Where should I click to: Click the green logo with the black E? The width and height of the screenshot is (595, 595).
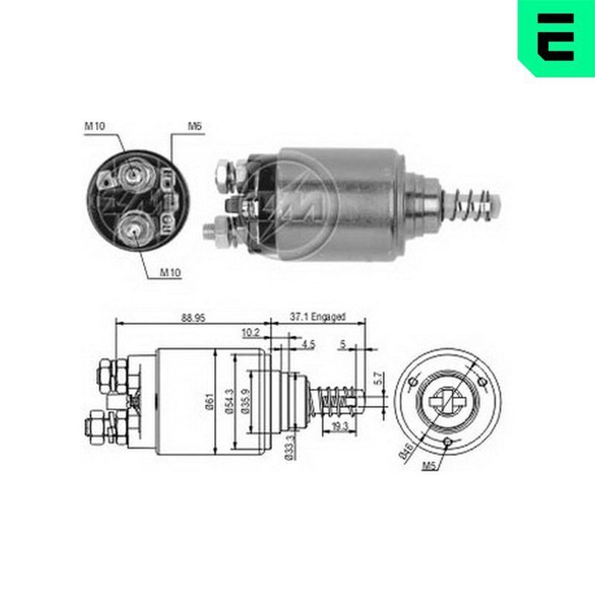tap(556, 38)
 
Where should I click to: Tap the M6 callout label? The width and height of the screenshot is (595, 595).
tap(195, 126)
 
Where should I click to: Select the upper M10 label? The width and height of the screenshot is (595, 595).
tap(94, 126)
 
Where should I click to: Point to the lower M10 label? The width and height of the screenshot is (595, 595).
tap(170, 272)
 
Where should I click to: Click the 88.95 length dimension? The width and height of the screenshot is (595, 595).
tap(193, 318)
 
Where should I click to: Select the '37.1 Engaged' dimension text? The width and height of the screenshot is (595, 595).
tap(318, 317)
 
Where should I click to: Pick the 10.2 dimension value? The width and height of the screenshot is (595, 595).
tap(251, 332)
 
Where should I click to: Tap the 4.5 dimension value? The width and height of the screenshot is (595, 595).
tap(309, 344)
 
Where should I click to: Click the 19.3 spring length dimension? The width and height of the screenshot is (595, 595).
tap(340, 426)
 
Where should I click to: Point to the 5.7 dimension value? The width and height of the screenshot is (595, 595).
tap(379, 379)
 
